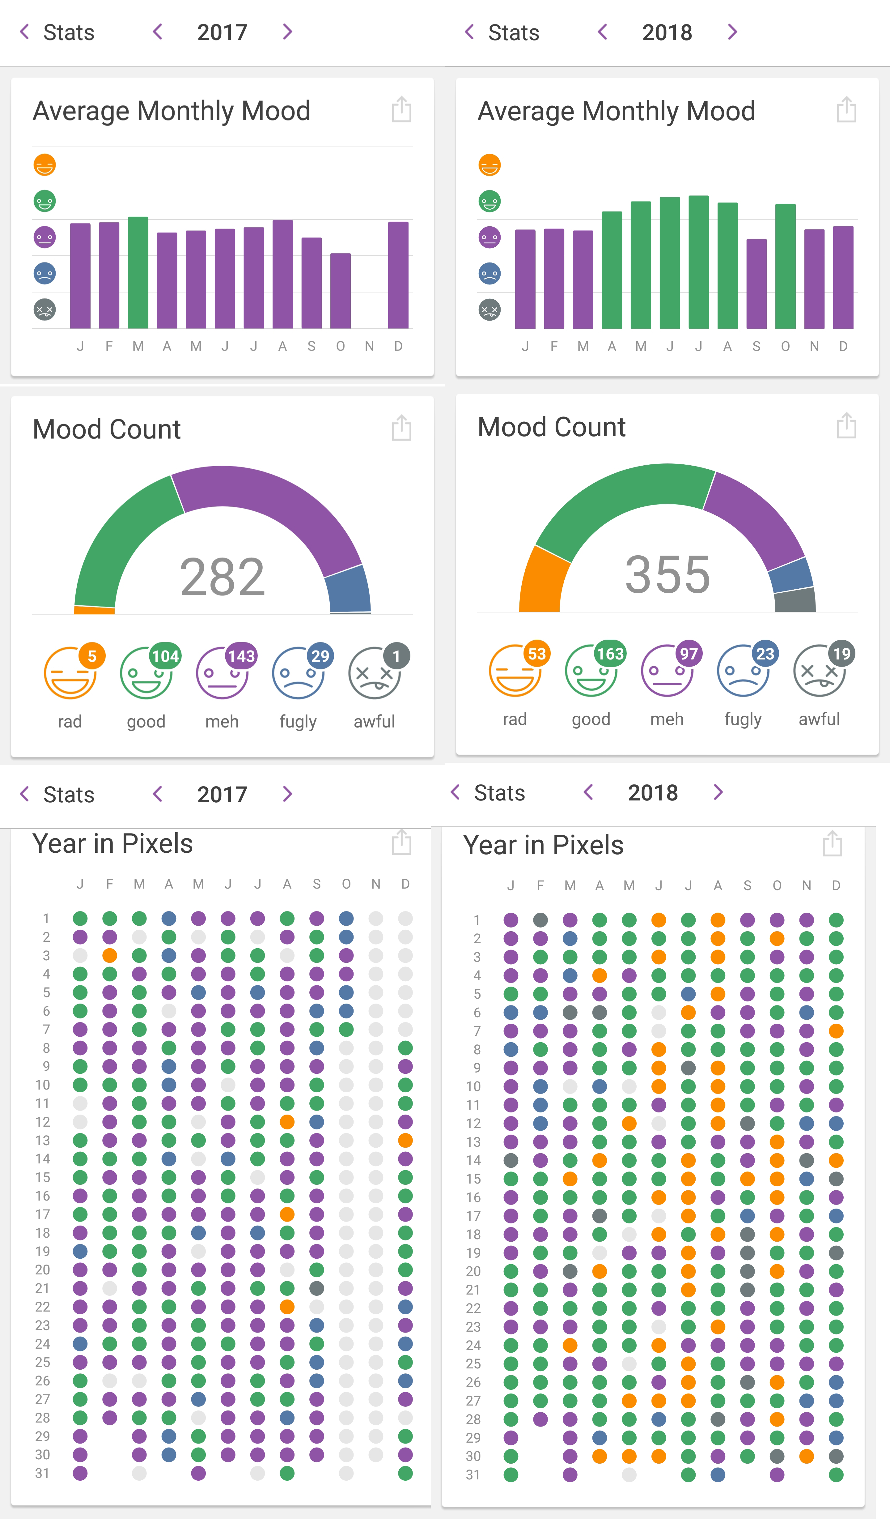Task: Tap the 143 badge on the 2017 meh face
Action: [x=241, y=656]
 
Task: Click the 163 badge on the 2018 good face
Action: [x=610, y=653]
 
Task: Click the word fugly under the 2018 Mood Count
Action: [x=743, y=719]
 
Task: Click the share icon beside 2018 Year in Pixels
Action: [x=832, y=843]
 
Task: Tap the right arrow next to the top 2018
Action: [x=732, y=32]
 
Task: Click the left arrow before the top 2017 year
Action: [x=158, y=32]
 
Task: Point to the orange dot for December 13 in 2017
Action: [x=405, y=1141]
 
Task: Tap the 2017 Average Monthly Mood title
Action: [x=172, y=111]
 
